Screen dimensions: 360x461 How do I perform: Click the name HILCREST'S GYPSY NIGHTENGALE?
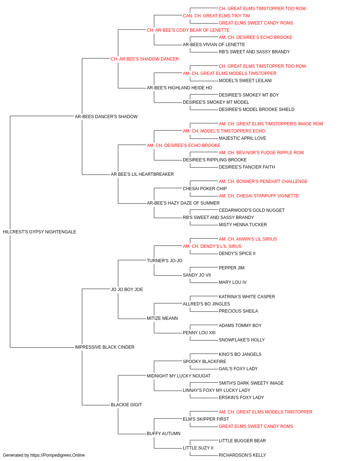(x=40, y=232)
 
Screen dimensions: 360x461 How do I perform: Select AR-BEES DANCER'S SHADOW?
(x=106, y=116)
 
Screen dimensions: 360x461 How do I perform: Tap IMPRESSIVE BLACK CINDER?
(x=104, y=347)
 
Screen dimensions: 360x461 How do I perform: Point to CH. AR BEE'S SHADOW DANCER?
(x=145, y=59)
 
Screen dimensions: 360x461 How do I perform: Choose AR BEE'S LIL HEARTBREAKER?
(x=142, y=174)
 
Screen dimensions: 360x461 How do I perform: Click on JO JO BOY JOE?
(x=127, y=289)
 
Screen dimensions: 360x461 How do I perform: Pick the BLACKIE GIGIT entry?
(x=126, y=404)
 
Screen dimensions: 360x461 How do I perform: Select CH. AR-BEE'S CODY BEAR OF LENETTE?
(x=188, y=30)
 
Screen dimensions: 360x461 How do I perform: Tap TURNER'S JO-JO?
(x=165, y=260)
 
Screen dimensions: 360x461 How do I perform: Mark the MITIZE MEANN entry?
(x=162, y=318)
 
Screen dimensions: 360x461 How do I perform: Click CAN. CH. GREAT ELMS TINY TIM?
(x=216, y=16)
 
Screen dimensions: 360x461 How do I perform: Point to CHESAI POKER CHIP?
(x=205, y=189)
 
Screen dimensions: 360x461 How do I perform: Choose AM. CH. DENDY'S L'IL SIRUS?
(x=212, y=246)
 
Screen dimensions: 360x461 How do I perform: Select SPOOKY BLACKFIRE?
(x=204, y=361)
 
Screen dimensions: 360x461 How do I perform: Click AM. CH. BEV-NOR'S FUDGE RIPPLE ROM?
(x=261, y=153)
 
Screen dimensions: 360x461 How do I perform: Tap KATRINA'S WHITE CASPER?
(x=247, y=296)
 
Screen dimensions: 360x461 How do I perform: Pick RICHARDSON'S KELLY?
(x=242, y=455)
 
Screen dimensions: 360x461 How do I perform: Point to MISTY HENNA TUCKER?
(x=243, y=224)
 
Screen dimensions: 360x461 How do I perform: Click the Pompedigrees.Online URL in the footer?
(x=58, y=455)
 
